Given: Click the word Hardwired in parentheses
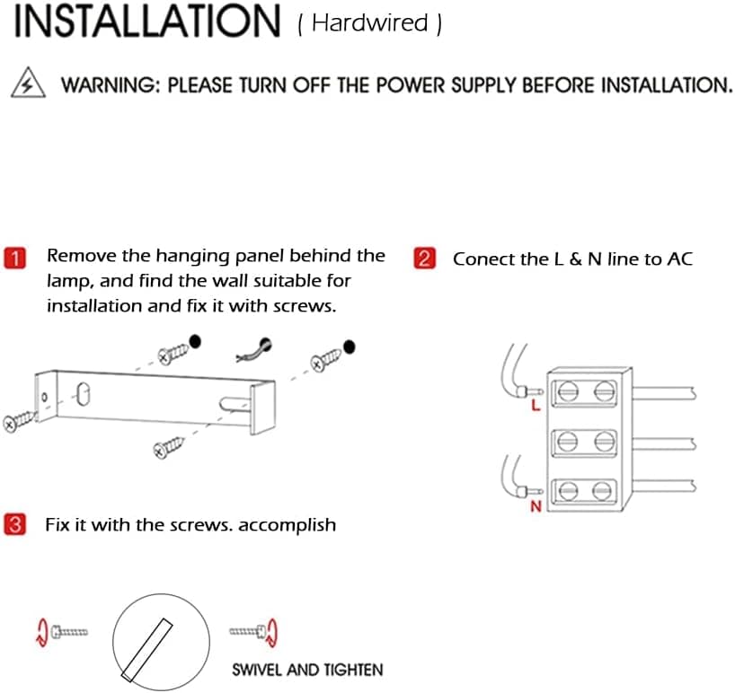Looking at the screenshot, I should tap(369, 23).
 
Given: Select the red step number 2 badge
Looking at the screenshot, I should tap(424, 259).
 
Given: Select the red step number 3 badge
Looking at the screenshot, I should tap(15, 524).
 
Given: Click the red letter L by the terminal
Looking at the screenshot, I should tap(536, 407).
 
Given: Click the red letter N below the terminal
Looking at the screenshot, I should tap(536, 507).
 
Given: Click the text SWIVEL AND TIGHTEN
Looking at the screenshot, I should tap(306, 670).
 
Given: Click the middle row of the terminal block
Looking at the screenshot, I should tap(585, 442).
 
